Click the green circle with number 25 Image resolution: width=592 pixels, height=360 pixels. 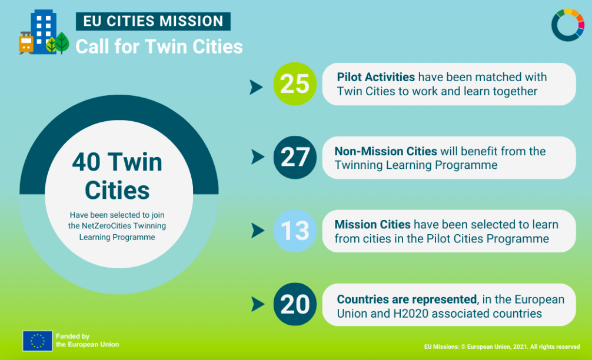click(x=295, y=84)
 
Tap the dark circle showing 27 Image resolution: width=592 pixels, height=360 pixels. click(x=295, y=158)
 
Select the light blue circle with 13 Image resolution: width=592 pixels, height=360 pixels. click(x=295, y=231)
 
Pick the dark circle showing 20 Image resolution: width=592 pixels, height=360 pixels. click(x=295, y=304)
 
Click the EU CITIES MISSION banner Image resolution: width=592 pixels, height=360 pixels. click(x=153, y=21)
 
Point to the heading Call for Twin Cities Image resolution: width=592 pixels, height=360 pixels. click(x=159, y=47)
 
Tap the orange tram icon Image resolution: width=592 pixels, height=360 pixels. click(x=26, y=42)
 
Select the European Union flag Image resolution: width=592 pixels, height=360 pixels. click(x=38, y=341)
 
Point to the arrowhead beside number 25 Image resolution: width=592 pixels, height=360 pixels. click(x=256, y=87)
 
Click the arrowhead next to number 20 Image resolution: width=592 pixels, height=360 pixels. click(x=258, y=304)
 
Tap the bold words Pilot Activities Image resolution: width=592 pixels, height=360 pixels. click(x=375, y=77)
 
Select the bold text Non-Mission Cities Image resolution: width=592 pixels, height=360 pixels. click(x=385, y=151)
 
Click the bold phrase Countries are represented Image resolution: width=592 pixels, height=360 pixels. click(x=407, y=299)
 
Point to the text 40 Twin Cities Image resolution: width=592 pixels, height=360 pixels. click(x=118, y=176)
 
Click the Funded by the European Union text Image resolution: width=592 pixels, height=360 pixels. click(x=87, y=341)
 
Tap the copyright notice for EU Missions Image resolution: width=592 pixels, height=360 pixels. click(x=502, y=346)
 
